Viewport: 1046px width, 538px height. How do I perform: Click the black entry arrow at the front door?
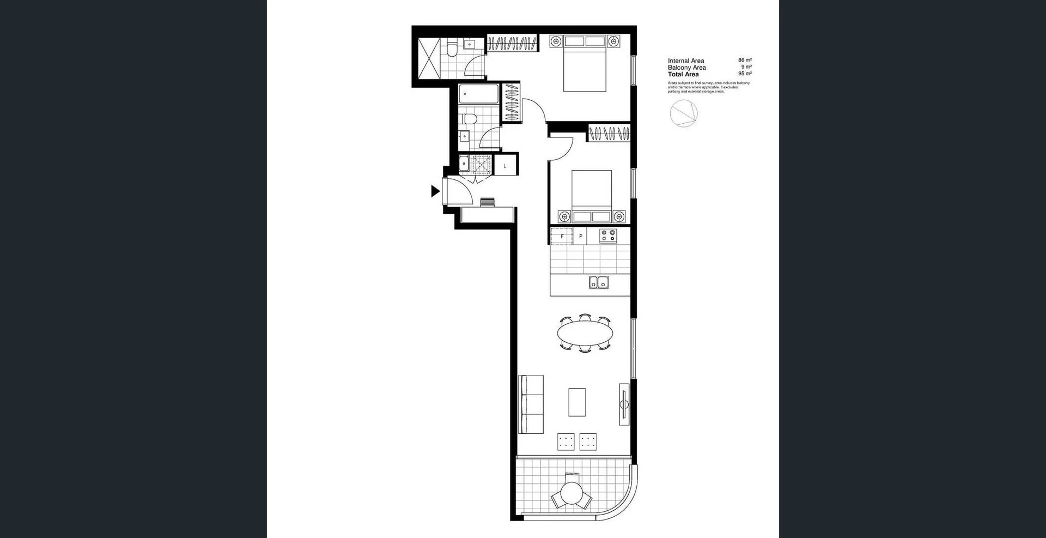tap(435, 191)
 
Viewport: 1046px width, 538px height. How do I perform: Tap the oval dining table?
tap(585, 333)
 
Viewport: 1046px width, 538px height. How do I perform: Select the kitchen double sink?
tap(599, 283)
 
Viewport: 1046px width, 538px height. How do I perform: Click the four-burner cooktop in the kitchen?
tap(608, 235)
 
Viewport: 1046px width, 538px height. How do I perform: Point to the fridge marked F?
tap(562, 237)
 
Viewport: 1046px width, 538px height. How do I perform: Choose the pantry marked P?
tap(581, 237)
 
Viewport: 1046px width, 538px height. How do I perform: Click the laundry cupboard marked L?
tap(505, 166)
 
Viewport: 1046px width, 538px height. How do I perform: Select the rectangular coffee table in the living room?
tap(577, 402)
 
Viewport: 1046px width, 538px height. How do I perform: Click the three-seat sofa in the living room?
tap(531, 404)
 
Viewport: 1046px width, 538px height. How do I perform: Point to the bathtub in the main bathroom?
tap(478, 94)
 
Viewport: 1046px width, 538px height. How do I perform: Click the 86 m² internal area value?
tap(745, 61)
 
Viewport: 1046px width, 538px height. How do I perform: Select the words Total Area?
tap(683, 74)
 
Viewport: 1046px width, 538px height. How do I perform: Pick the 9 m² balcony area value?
tap(746, 67)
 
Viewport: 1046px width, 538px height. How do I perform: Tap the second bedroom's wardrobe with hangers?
tap(609, 134)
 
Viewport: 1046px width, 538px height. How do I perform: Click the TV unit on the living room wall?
tap(624, 404)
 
